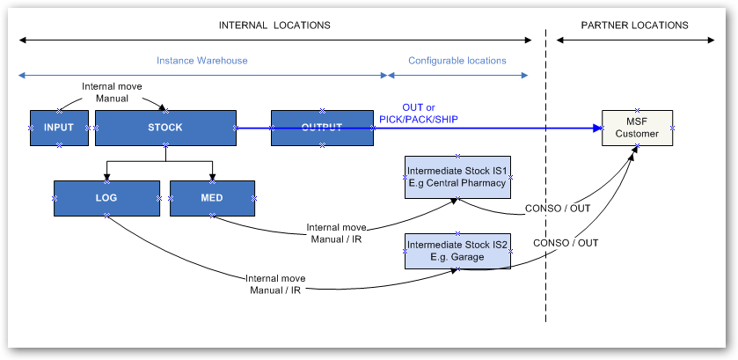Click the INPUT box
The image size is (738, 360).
tap(59, 128)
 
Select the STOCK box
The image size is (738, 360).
tap(165, 128)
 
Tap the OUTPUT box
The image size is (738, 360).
tap(321, 128)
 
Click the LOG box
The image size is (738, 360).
tap(106, 198)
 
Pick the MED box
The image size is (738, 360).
tap(212, 198)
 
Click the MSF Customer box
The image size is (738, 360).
tap(636, 128)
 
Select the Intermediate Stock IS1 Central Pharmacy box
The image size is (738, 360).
tap(457, 177)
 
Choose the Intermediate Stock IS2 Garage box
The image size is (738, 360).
tap(457, 250)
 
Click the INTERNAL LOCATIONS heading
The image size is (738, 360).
tap(274, 25)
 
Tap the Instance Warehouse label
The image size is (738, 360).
tap(201, 61)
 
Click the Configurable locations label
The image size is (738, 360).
tap(457, 61)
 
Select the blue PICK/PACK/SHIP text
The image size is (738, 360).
tap(419, 119)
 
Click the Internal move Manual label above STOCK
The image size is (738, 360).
tap(112, 92)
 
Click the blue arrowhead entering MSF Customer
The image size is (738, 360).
tap(596, 128)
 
